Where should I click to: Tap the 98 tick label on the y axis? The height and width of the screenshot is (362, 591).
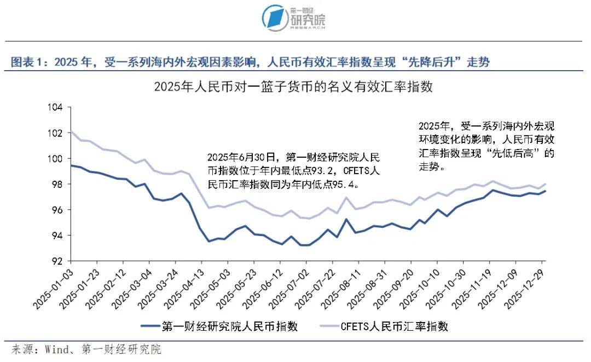[x=59, y=185]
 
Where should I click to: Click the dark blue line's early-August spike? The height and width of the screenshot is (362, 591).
[x=346, y=219]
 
